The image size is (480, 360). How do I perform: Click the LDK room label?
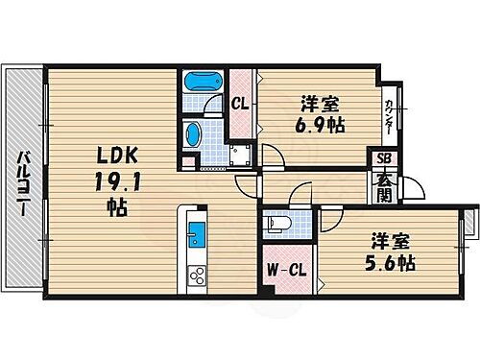coord(114,154)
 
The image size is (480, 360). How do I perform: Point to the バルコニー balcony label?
coord(20,181)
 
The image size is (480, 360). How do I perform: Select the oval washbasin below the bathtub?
coord(192,133)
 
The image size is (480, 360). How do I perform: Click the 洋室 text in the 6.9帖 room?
coord(318,102)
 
